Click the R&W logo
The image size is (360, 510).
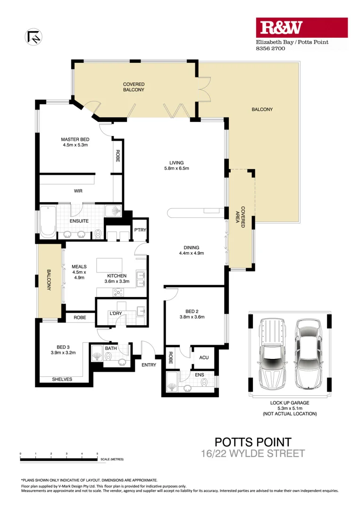[301, 28]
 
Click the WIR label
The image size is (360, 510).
[78, 191]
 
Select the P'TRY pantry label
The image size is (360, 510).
[140, 230]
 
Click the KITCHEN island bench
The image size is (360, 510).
[109, 265]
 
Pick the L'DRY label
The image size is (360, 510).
[116, 314]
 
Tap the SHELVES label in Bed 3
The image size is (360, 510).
[62, 379]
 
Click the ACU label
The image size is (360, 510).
[204, 357]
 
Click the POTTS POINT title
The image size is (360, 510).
[253, 442]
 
